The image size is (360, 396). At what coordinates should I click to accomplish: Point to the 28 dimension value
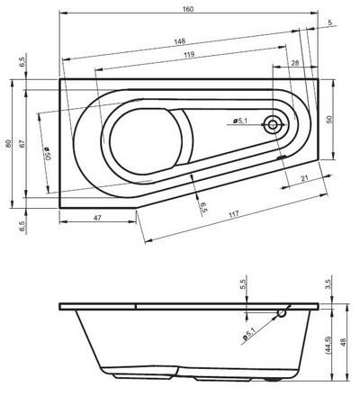(x=295, y=63)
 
